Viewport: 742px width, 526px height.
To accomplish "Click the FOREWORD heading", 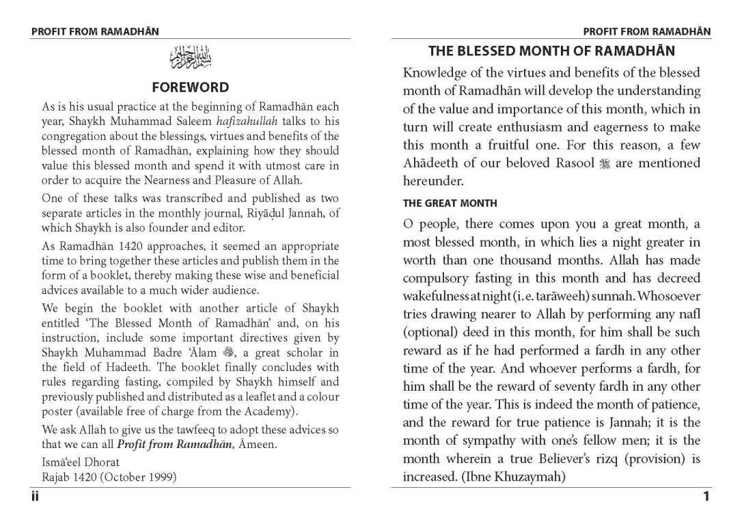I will (x=190, y=87).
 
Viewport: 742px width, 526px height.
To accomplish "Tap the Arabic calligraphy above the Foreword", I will (x=191, y=59).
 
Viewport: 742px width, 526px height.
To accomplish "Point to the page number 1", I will (x=706, y=497).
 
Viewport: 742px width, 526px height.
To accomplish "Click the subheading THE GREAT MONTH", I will (x=450, y=203).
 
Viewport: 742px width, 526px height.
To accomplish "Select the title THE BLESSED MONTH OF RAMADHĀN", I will (x=551, y=51).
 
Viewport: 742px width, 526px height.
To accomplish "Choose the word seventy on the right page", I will (x=564, y=387).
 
